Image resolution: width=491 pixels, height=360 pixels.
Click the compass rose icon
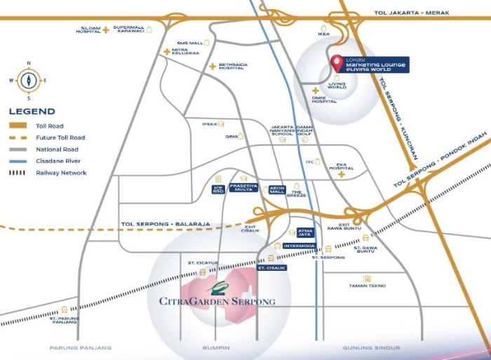(28, 79)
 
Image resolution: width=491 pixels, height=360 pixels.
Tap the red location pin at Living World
(337, 61)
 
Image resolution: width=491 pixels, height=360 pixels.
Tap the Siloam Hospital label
(88, 30)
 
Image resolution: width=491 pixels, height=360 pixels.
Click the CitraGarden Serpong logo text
(212, 301)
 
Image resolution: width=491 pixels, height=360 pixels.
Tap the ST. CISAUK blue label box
(272, 268)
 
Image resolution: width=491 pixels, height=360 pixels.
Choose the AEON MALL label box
(277, 189)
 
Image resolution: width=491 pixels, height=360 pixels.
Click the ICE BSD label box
(218, 189)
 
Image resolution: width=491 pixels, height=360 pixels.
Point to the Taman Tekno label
(367, 286)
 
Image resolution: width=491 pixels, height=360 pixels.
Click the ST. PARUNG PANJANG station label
(65, 321)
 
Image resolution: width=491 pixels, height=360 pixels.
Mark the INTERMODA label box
(299, 246)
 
